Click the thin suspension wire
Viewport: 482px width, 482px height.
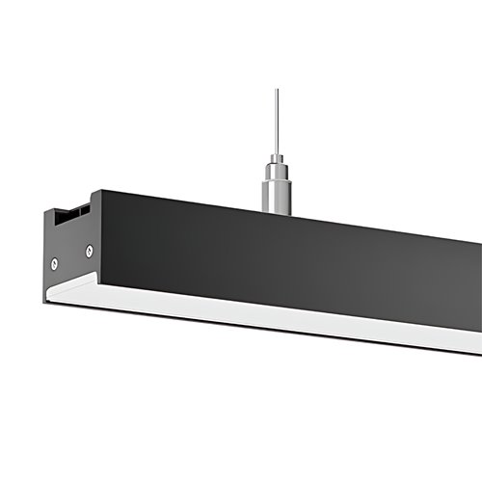276,120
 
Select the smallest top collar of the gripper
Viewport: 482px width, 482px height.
277,157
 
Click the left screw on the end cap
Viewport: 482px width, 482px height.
55,263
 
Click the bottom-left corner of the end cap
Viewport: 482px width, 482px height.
44,301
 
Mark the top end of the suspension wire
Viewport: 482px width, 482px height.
276,91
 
